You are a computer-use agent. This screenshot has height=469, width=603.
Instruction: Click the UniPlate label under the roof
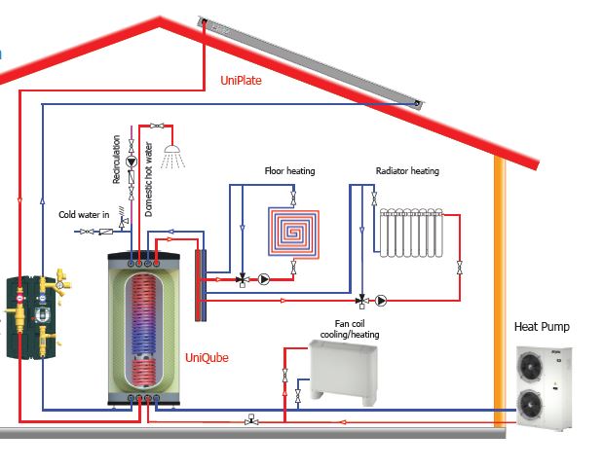click(241, 81)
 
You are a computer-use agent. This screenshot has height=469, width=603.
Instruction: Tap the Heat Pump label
click(542, 326)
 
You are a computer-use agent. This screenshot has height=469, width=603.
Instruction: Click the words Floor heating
click(289, 171)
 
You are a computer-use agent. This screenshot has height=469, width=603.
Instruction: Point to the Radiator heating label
click(407, 171)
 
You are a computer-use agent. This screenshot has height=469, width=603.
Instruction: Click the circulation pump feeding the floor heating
click(264, 278)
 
